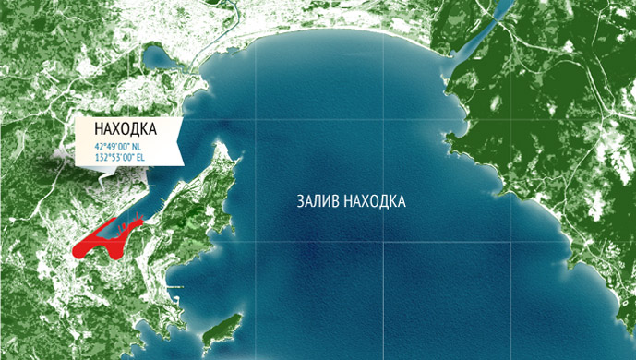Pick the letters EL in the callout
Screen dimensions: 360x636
(139, 158)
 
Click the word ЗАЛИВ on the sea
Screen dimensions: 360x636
(318, 200)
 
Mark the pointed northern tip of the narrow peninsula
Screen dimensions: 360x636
(221, 143)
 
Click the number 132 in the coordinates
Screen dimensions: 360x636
(101, 158)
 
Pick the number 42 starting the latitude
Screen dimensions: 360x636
(97, 147)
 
